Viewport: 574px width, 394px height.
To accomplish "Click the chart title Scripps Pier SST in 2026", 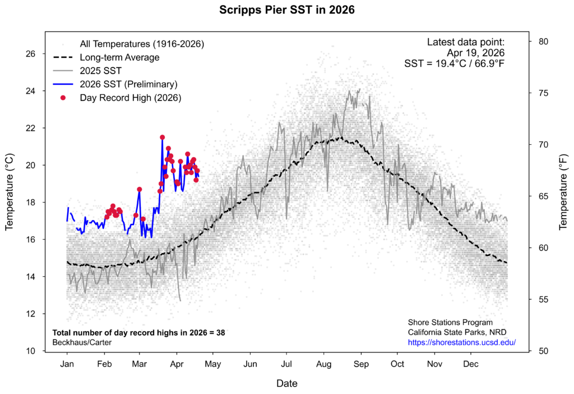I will pos(287,10).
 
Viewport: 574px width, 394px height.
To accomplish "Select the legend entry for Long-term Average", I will pos(119,57).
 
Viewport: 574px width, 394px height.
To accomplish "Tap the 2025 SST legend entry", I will pos(100,71).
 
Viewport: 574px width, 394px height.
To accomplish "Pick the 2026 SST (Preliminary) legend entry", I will pos(128,84).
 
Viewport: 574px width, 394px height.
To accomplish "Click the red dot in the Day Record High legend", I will pos(63,98).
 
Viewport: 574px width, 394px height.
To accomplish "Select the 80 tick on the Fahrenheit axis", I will pos(543,42).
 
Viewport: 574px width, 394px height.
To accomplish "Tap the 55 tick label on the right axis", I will pos(543,300).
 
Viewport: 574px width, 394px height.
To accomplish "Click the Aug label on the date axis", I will pos(323,364).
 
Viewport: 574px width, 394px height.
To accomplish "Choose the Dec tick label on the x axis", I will pos(471,364).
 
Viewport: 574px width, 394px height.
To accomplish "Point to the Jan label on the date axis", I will pos(67,364).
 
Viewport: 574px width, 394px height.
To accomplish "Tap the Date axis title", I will pos(287,384).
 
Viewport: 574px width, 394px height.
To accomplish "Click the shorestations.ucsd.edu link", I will pos(461,342).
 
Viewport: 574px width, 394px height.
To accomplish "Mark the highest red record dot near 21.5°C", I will pos(162,137).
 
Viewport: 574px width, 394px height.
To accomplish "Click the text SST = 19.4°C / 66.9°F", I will pos(454,63).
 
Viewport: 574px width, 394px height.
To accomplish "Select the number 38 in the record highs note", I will pos(220,332).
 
